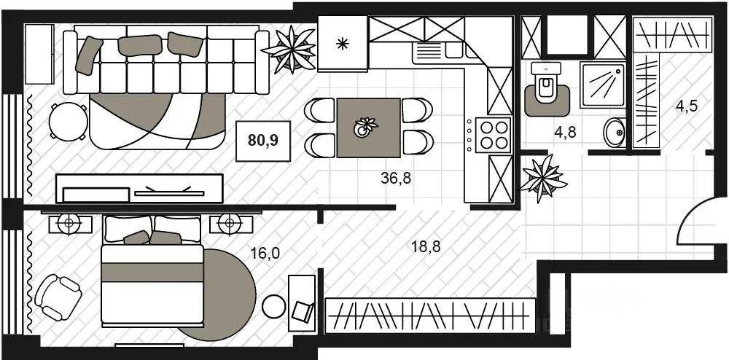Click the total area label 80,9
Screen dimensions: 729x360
(263, 140)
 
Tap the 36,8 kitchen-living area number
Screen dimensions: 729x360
(396, 178)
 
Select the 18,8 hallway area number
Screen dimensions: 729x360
(426, 246)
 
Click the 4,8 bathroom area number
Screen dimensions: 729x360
(566, 133)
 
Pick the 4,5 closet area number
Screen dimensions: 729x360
(687, 107)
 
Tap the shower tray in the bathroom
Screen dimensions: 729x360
(602, 85)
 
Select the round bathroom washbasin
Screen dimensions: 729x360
(615, 133)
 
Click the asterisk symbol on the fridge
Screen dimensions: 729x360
(342, 44)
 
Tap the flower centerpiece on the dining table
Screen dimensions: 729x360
(365, 127)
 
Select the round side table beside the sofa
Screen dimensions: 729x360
(69, 122)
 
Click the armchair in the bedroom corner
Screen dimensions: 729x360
(58, 297)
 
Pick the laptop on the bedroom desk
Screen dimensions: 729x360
(303, 310)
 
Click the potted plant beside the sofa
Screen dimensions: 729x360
(289, 50)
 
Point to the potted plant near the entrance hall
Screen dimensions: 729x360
(542, 179)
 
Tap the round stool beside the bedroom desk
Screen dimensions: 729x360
(274, 306)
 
